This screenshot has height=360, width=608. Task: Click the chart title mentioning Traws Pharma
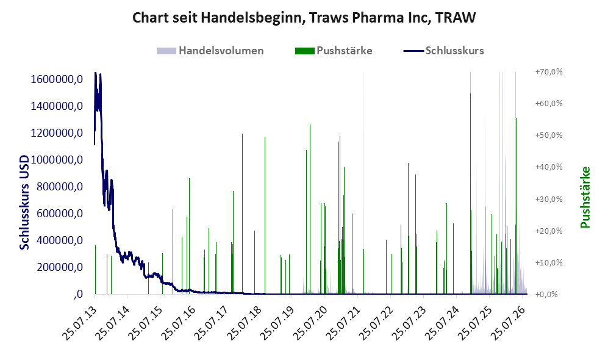pyautogui.click(x=304, y=18)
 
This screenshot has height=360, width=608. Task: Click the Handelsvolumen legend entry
pyautogui.click(x=210, y=51)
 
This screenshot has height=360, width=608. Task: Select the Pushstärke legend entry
pyautogui.click(x=334, y=51)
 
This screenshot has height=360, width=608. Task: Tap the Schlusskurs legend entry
pyautogui.click(x=443, y=51)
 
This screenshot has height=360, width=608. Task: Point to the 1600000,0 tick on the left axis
pyautogui.click(x=57, y=79)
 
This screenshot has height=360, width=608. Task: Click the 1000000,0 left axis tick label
pyautogui.click(x=57, y=160)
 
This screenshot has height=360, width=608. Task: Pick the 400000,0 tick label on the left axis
pyautogui.click(x=60, y=240)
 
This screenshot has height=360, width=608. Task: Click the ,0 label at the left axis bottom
pyautogui.click(x=78, y=294)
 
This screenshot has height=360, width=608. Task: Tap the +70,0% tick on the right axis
pyautogui.click(x=549, y=72)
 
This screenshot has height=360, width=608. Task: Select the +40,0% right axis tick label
pyautogui.click(x=549, y=167)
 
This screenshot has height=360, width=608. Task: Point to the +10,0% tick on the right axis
pyautogui.click(x=549, y=262)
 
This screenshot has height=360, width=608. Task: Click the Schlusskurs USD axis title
pyautogui.click(x=24, y=202)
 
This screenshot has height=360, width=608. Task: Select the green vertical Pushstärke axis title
pyautogui.click(x=585, y=197)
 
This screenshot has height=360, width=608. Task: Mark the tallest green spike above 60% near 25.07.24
pyautogui.click(x=470, y=193)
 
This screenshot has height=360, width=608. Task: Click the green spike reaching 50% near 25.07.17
pyautogui.click(x=242, y=214)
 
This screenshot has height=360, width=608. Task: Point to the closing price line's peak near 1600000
pyautogui.click(x=95, y=73)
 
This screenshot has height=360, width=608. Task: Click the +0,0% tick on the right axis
pyautogui.click(x=547, y=294)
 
